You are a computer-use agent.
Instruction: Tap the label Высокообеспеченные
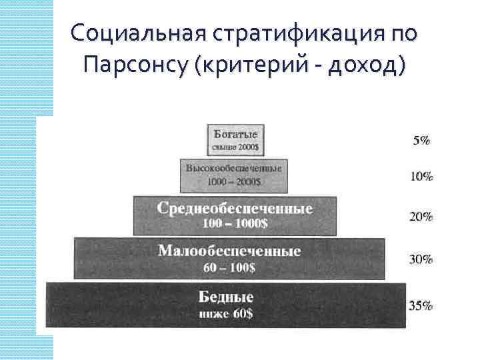[x=234, y=169]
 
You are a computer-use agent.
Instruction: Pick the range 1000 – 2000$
[x=234, y=181]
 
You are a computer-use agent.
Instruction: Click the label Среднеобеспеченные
[x=235, y=208]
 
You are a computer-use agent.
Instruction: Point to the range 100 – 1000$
[x=235, y=224]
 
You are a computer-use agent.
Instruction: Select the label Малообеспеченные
[x=229, y=251]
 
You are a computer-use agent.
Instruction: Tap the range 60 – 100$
[x=229, y=268]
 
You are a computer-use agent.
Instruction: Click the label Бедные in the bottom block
[x=226, y=296]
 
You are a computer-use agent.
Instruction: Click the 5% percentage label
[x=421, y=141]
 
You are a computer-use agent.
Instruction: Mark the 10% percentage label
[x=421, y=177]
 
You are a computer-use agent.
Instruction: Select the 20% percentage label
[x=421, y=217]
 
